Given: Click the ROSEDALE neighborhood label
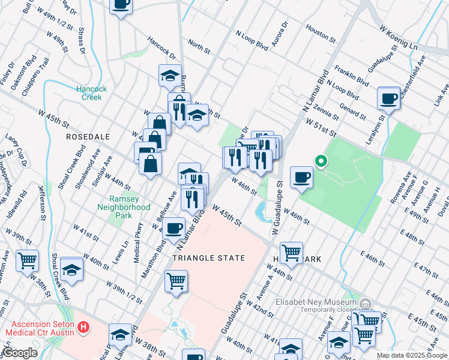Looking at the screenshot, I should coord(88,137).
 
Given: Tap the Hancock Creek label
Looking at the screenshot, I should coord(91,93).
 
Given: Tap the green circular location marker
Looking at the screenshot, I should coord(321,161).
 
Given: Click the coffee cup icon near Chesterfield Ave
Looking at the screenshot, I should coord(388,98).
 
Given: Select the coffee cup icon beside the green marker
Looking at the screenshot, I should coord(301,177).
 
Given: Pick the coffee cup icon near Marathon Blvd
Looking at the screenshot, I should coord(174,228).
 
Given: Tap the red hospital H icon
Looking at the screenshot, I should coord(83,328).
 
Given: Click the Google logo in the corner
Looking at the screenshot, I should coord(20,353).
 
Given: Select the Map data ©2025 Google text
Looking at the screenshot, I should coord(411,355).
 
